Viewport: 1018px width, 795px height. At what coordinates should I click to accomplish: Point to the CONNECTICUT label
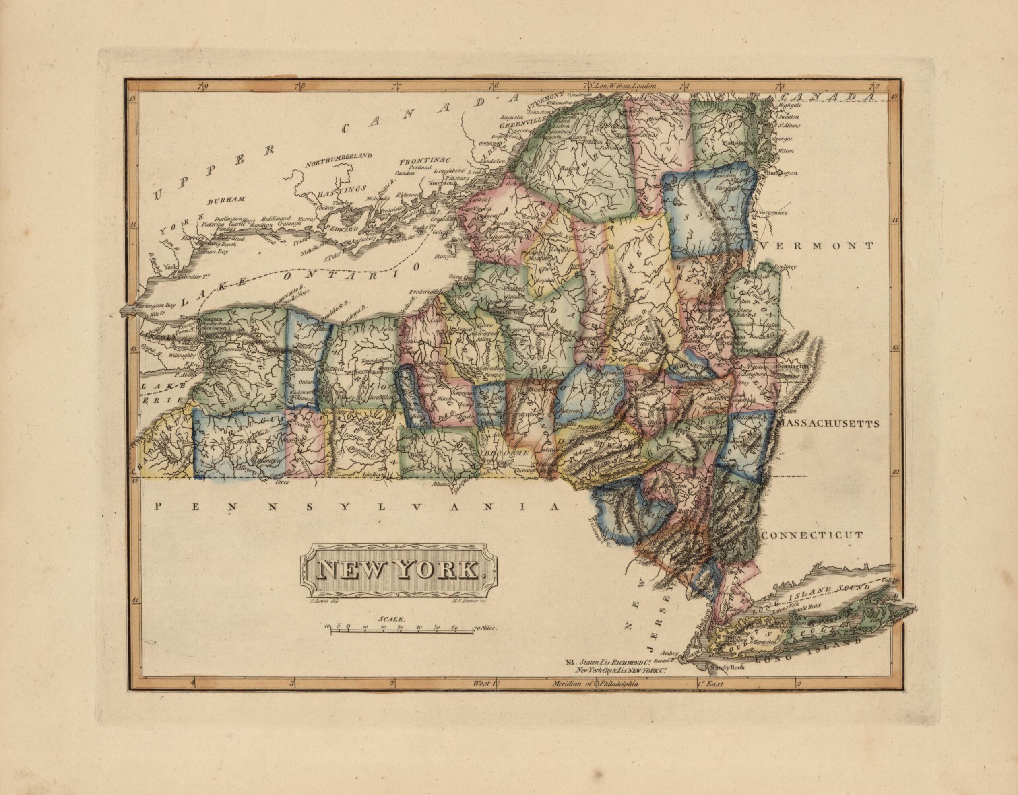pyautogui.click(x=812, y=535)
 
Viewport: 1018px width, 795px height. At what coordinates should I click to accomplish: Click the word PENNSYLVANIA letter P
pyautogui.click(x=158, y=506)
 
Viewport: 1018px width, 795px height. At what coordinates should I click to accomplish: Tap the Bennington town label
pyautogui.click(x=791, y=367)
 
